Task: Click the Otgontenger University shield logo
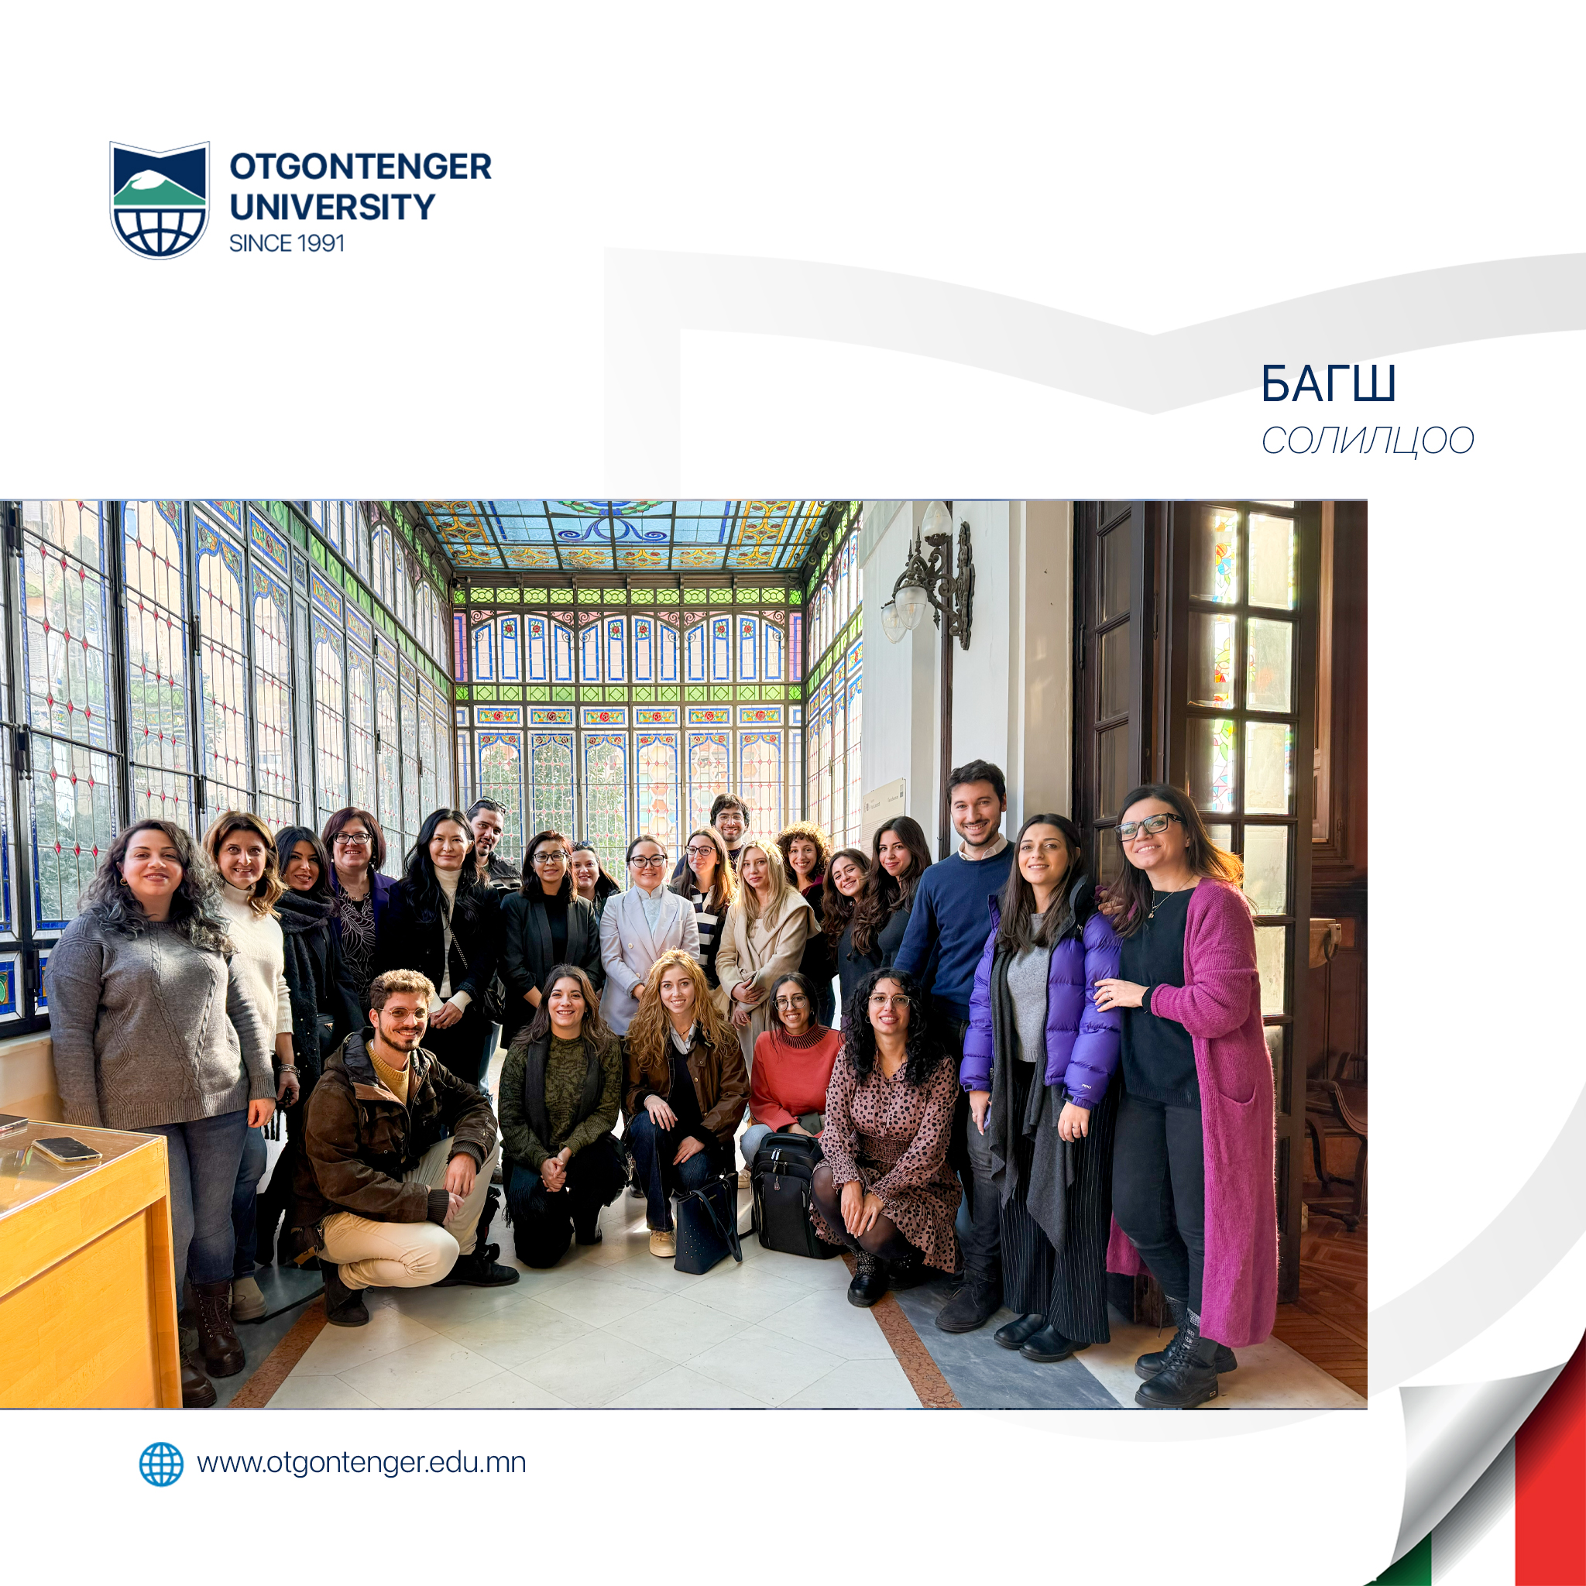click(160, 200)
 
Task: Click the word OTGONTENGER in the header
click(360, 166)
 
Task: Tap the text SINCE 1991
click(287, 243)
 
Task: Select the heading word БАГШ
click(1327, 384)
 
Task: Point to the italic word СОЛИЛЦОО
click(1368, 441)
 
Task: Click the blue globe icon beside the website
click(161, 1464)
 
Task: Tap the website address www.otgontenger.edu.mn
click(361, 1463)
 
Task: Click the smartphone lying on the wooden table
click(67, 1149)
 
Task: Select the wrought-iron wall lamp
click(931, 575)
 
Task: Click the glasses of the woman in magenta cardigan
click(1148, 826)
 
